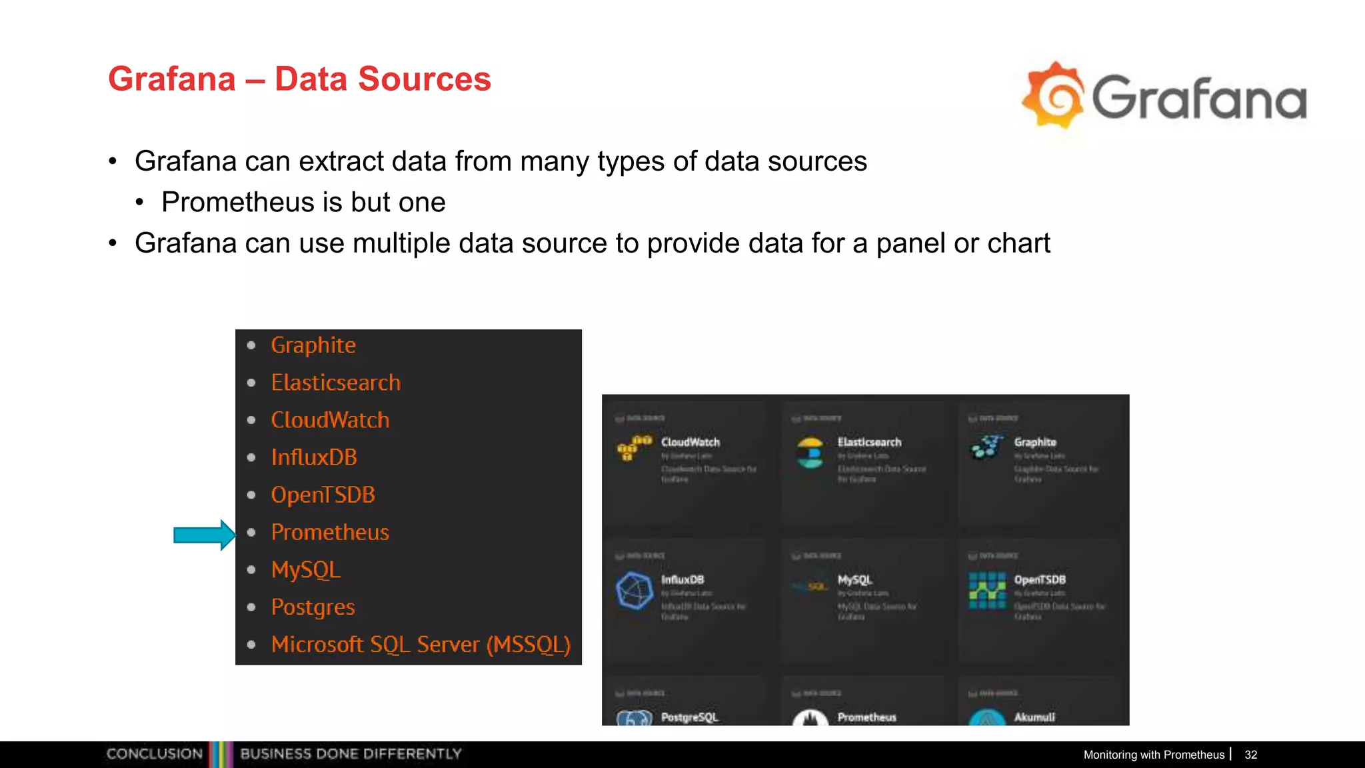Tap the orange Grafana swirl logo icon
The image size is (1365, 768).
1054,95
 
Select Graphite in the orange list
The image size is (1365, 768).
313,345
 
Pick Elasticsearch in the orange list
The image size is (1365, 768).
336,383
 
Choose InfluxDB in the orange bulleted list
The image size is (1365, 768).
314,457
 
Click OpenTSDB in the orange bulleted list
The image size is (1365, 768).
323,495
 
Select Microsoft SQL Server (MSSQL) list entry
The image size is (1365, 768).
421,645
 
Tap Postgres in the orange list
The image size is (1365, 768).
313,607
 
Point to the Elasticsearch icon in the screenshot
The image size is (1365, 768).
810,453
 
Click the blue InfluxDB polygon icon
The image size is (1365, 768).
634,590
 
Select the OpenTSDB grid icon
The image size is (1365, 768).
987,590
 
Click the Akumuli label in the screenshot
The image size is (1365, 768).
1034,717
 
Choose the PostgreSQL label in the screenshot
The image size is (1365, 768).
689,717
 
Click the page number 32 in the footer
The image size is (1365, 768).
1250,755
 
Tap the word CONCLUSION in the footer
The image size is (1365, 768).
154,754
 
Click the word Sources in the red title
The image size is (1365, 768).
424,79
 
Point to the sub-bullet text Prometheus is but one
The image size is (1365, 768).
303,202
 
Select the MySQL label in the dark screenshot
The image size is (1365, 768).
854,580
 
